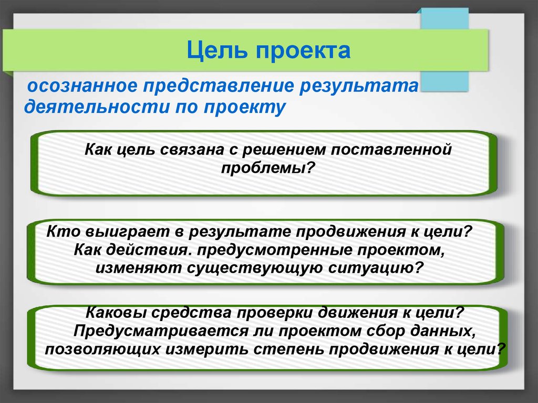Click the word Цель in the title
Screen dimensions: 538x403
[217, 50]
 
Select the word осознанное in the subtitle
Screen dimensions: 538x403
[82, 86]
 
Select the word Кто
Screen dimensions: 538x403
[63, 231]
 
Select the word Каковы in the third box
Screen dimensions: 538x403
[115, 313]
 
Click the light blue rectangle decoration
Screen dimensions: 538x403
[444, 50]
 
